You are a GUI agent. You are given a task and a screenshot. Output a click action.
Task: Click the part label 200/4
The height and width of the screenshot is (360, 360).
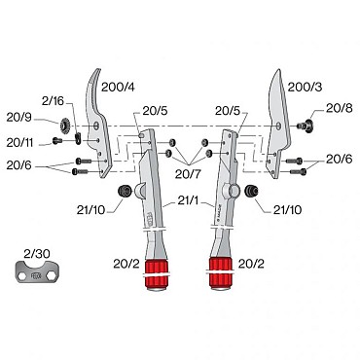118,87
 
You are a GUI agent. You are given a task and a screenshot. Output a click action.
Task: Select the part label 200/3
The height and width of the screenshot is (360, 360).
305,87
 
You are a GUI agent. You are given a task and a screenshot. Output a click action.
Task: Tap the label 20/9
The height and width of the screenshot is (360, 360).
19,118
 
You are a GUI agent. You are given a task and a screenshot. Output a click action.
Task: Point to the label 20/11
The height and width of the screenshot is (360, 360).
20,143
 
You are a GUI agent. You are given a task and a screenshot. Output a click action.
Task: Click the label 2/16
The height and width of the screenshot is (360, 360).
53,101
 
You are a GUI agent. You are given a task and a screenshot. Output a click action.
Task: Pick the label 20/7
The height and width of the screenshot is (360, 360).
188,174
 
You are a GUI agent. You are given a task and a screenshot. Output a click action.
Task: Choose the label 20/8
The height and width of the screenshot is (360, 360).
339,108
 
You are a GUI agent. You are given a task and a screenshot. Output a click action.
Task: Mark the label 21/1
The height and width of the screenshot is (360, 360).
189,200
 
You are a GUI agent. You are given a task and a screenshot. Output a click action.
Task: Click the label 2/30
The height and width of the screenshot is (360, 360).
37,254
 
